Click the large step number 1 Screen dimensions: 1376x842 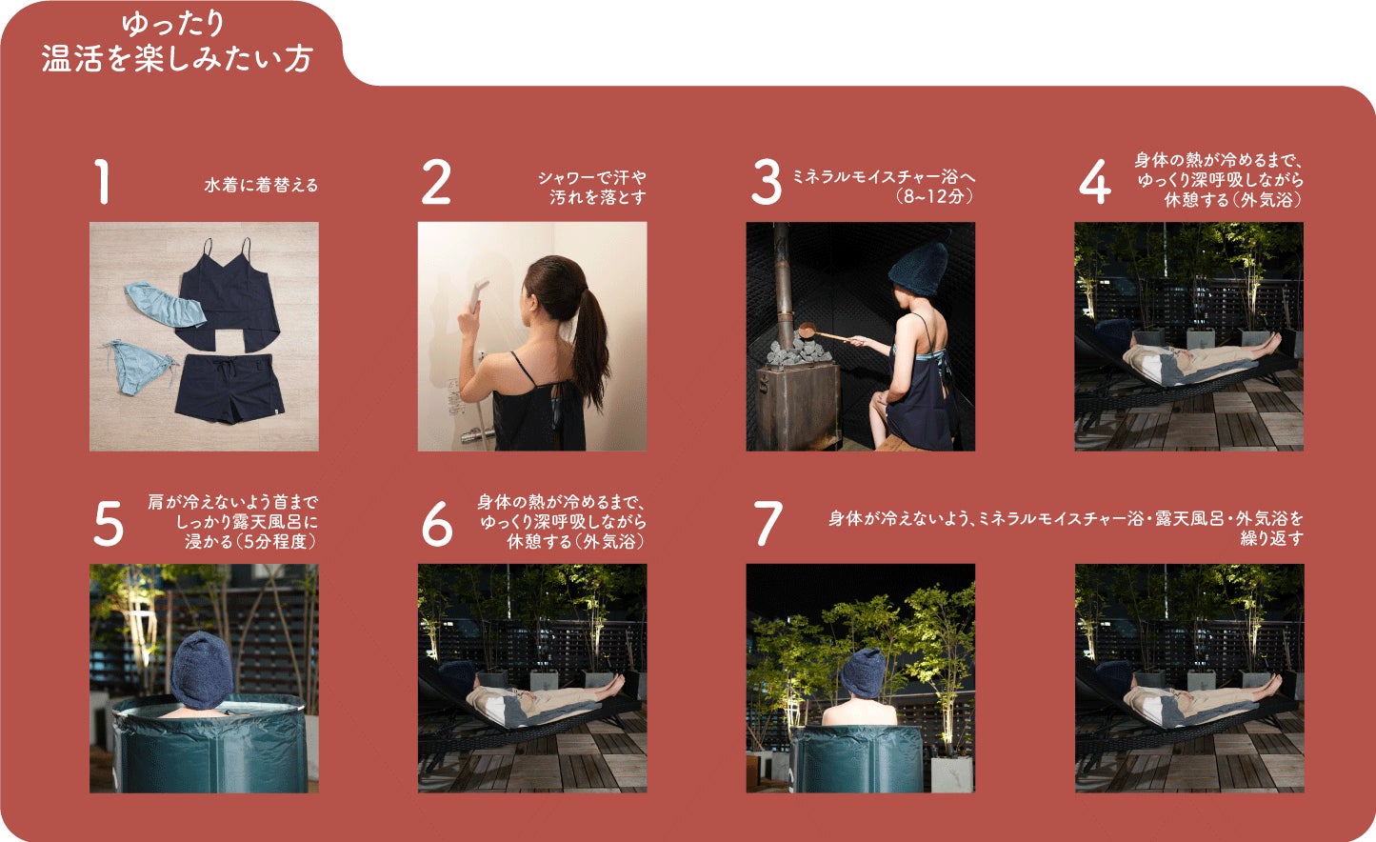tap(102, 182)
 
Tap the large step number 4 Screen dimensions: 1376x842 tap(1095, 182)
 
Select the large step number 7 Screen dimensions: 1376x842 tap(768, 524)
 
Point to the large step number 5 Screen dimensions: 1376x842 tap(109, 524)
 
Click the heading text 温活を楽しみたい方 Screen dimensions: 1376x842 tap(177, 59)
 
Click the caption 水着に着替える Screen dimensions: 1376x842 tap(261, 185)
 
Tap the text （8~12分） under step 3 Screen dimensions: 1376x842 tap(934, 196)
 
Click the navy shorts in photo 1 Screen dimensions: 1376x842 tap(229, 388)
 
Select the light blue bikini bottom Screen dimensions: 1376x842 tap(136, 368)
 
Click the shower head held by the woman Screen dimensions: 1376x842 tap(477, 296)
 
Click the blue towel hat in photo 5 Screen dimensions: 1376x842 tap(202, 670)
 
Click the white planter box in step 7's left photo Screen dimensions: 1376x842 tap(951, 773)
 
